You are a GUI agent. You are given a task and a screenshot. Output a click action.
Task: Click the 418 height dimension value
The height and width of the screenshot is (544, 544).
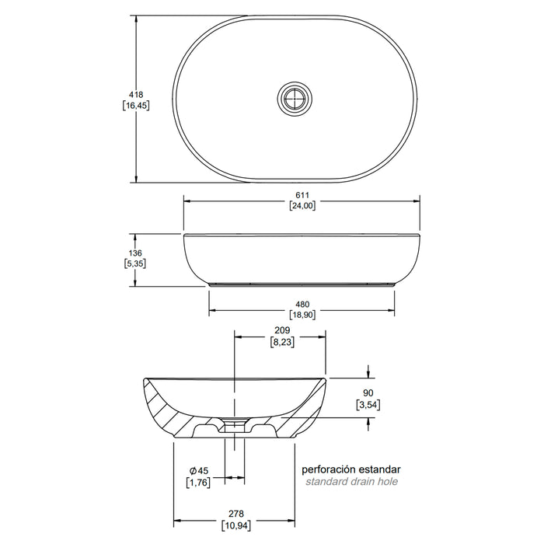[x=136, y=94]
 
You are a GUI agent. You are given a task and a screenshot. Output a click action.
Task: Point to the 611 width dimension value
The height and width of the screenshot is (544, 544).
[x=302, y=195]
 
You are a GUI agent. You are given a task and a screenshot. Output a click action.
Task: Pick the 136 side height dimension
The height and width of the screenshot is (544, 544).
[x=135, y=253]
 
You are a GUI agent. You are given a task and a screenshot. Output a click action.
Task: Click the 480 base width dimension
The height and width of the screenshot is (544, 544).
[x=302, y=305]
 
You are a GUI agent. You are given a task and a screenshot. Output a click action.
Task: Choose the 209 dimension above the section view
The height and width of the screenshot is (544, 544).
[x=282, y=330]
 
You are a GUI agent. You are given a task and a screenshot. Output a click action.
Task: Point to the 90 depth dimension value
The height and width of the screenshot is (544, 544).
[x=368, y=393]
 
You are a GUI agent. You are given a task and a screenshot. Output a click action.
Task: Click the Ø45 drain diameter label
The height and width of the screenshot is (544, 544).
[x=199, y=471]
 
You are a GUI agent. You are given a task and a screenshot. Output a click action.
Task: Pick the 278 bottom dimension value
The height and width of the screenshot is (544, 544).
[x=236, y=514]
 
